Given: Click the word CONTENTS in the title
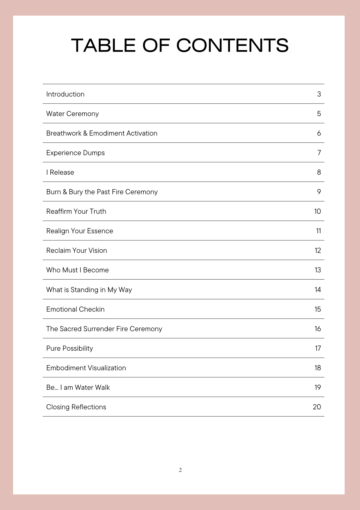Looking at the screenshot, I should tap(232, 45).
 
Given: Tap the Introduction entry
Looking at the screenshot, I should tap(65, 94).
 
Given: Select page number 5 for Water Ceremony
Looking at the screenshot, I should tap(319, 114).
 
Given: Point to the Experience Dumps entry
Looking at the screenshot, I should tap(76, 153).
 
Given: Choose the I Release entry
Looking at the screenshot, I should tap(60, 172).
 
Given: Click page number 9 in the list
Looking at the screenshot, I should tap(319, 192).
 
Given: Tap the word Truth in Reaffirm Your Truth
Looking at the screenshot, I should tap(98, 211).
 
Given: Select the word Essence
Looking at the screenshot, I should tap(100, 231).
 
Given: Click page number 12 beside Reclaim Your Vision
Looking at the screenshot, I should tap(318, 251).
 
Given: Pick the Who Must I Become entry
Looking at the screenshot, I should tap(77, 270).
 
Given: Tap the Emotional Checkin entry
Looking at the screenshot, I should tap(76, 309).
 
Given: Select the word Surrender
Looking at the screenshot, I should tap(99, 329).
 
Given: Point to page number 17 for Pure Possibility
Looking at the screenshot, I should tap(318, 348).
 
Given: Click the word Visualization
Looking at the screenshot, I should tap(107, 368).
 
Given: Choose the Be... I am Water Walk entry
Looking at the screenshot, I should tap(78, 388).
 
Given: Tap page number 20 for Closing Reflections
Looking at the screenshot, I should tap(317, 407).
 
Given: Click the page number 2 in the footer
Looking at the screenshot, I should tap(180, 470).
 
